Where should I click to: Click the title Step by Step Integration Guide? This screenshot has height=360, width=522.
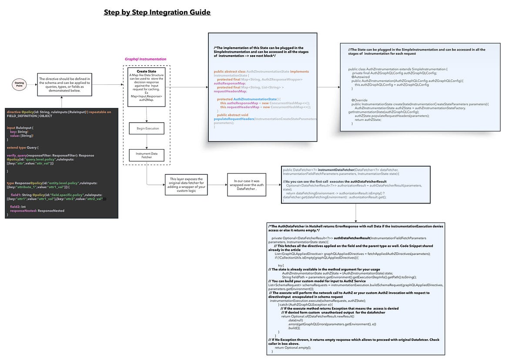157,12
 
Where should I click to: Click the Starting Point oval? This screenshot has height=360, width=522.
19,84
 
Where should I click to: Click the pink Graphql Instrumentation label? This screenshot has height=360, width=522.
145,59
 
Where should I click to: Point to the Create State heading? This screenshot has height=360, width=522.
147,71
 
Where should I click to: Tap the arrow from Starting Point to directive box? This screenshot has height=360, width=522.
31,84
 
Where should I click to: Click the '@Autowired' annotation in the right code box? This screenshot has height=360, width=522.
360,77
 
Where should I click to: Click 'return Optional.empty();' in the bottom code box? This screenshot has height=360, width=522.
293,347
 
